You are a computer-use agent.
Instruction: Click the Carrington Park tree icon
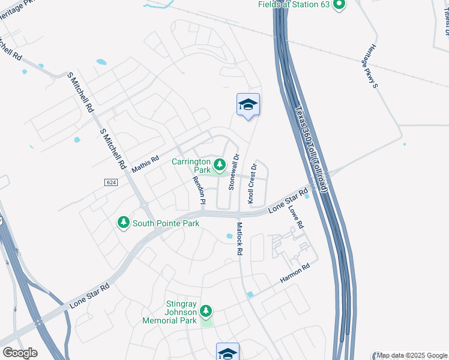[220, 164]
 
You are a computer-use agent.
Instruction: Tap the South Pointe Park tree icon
[124, 223]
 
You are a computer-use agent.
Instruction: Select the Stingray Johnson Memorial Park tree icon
[206, 311]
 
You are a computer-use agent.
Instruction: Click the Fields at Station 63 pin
[340, 5]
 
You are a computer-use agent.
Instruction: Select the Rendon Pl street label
[199, 188]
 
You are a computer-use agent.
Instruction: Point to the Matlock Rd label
[239, 239]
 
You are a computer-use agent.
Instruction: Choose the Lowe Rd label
[295, 217]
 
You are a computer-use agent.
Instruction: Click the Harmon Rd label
[295, 273]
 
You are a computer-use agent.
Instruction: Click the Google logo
[20, 352]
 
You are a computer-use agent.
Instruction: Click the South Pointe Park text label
[166, 223]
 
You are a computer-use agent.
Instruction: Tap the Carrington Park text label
[191, 166]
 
